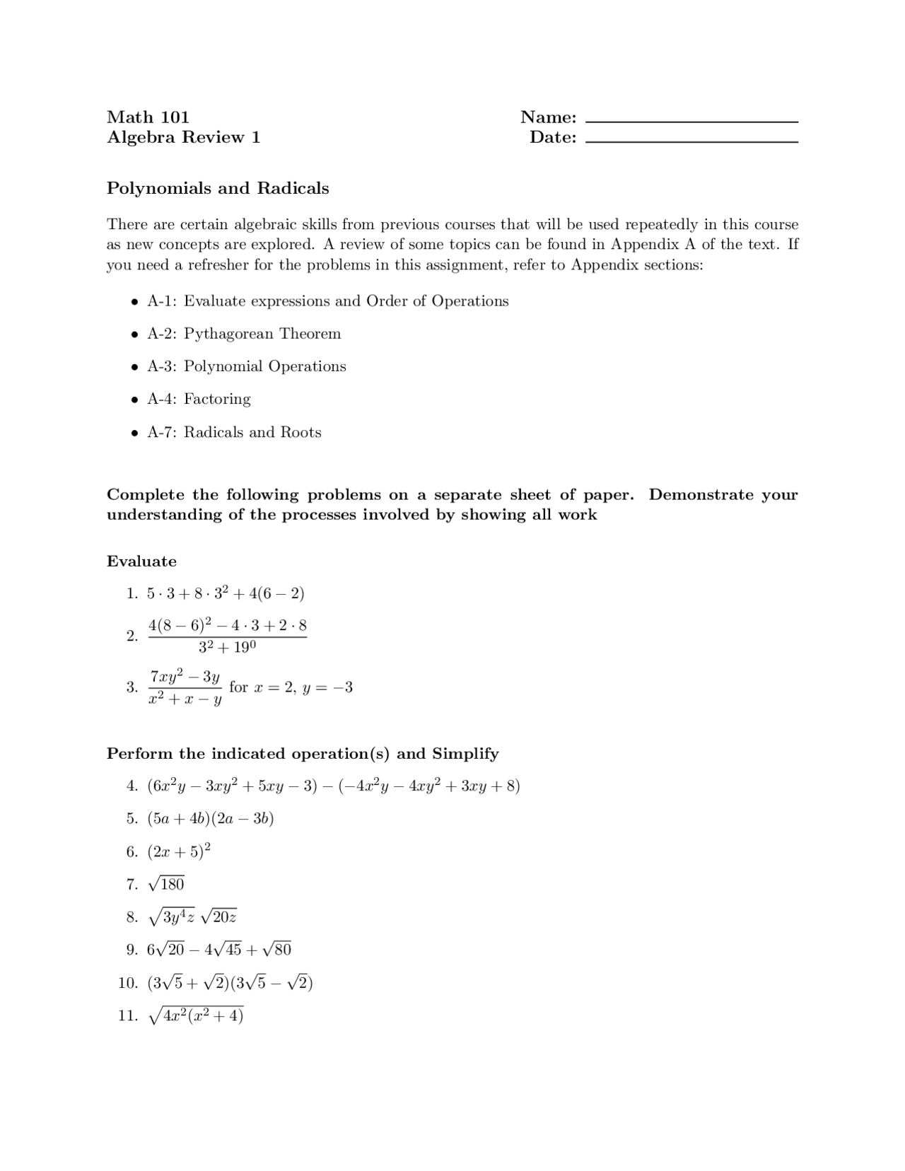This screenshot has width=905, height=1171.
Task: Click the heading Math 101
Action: click(x=148, y=117)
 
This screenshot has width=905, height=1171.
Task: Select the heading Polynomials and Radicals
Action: click(x=218, y=188)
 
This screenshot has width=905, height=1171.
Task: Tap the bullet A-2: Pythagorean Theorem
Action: click(x=243, y=334)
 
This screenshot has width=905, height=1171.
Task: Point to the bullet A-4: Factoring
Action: click(x=199, y=399)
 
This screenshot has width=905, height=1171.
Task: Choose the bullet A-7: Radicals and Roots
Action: click(x=234, y=432)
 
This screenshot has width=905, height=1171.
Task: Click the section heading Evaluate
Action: click(x=141, y=561)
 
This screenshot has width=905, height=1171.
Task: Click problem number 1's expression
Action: click(x=226, y=593)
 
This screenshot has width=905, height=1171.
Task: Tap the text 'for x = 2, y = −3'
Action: click(x=291, y=687)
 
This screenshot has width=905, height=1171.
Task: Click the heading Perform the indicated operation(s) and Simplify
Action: click(x=303, y=754)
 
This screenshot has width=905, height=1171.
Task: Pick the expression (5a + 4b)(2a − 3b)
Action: click(x=211, y=819)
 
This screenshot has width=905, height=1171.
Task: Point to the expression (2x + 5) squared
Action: click(x=179, y=851)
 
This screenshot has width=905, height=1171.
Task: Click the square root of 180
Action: click(x=166, y=883)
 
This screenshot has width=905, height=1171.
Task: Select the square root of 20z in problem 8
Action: click(x=218, y=917)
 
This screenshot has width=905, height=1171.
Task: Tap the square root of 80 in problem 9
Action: click(x=276, y=949)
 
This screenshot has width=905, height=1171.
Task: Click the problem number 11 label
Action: click(x=127, y=1016)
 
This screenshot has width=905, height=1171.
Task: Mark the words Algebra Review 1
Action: click(x=183, y=137)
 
